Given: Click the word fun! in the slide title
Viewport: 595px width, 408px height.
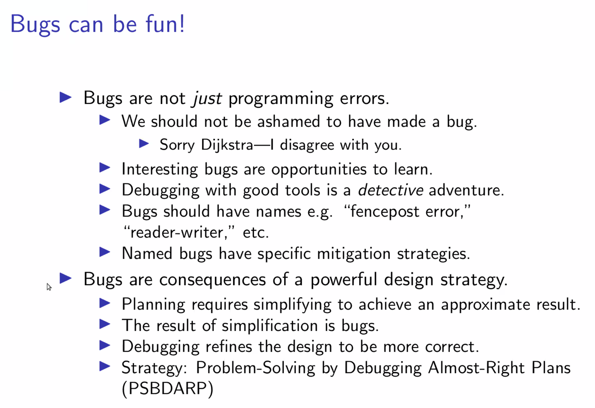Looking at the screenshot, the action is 165,24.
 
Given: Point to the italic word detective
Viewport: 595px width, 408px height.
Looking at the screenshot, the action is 391,190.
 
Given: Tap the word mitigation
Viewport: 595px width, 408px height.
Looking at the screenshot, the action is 354,254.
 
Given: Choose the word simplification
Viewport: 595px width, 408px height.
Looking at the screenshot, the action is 270,326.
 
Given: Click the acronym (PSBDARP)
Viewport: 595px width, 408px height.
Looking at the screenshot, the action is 167,389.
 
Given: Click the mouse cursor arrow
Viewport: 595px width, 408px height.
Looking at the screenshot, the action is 49,287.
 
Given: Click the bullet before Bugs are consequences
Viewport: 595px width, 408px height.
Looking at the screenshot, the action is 66,278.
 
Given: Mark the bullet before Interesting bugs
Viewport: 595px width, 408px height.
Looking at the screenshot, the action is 105,168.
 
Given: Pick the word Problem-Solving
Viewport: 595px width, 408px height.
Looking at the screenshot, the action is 255,368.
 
